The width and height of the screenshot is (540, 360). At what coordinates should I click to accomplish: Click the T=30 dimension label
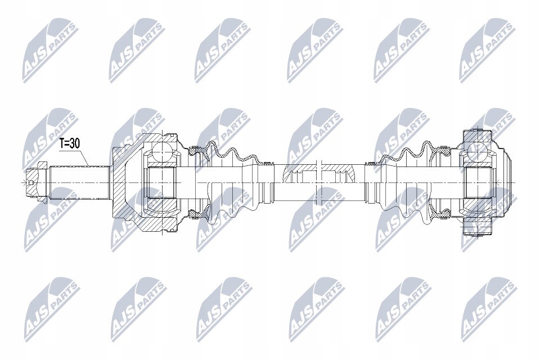tap(70, 143)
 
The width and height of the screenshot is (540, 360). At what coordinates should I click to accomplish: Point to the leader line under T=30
tap(85, 157)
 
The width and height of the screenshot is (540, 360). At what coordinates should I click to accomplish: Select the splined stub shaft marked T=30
tap(79, 181)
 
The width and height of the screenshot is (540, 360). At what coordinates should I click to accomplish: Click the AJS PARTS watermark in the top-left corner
tap(48, 51)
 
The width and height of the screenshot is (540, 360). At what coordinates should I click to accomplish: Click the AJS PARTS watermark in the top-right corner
tap(487, 51)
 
